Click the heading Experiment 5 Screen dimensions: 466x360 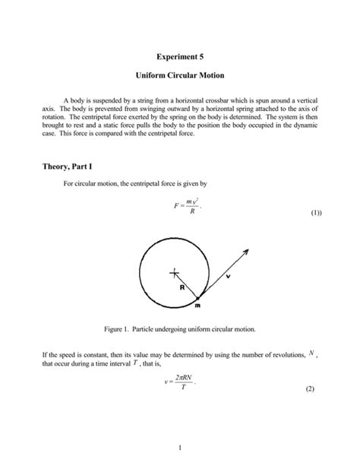tap(180, 56)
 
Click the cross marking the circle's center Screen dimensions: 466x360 tap(174, 271)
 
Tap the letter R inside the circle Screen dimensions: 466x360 tap(182, 288)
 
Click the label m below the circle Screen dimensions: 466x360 tap(197, 306)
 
